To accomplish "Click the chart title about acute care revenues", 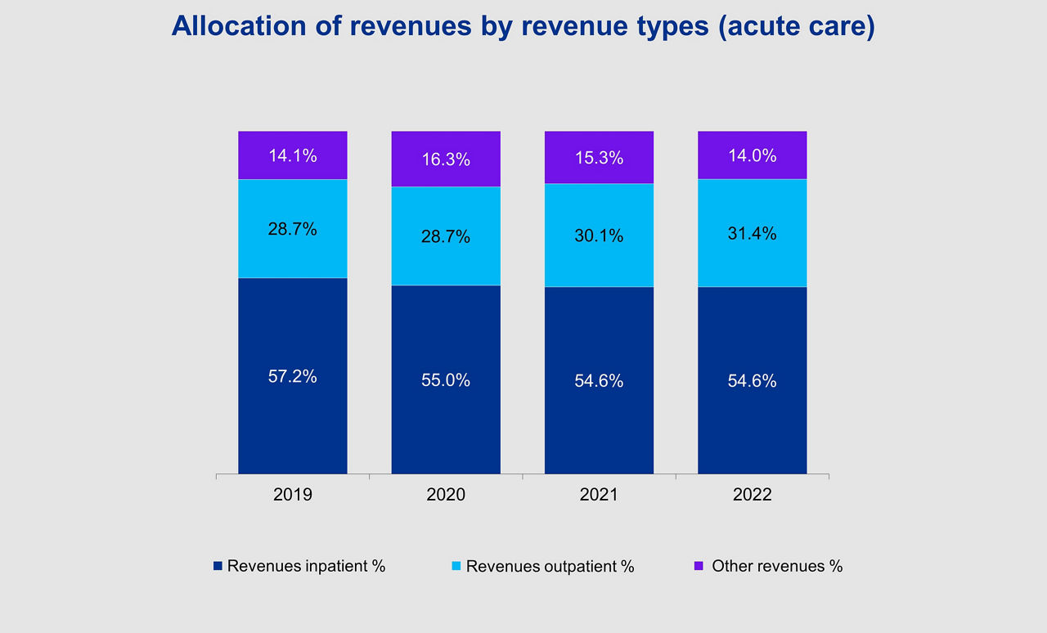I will point(523,26).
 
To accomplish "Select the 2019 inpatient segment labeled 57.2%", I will point(293,409).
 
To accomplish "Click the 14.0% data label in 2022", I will point(753,155).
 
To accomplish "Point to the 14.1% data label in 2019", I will point(293,155).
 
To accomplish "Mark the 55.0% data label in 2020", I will point(446,380).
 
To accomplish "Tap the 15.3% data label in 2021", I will point(600,158).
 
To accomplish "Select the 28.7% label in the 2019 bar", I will point(293,229).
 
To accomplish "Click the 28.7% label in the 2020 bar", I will point(446,236).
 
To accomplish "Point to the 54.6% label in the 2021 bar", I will point(600,380).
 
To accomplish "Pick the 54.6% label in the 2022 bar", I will point(753,380).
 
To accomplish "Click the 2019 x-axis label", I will point(293,495).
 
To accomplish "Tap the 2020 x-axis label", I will point(446,495).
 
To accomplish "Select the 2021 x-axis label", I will point(600,495).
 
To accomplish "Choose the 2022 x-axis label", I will point(753,495).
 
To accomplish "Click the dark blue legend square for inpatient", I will point(218,566).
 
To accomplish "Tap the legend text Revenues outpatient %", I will point(550,567).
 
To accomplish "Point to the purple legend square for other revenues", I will point(699,566).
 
